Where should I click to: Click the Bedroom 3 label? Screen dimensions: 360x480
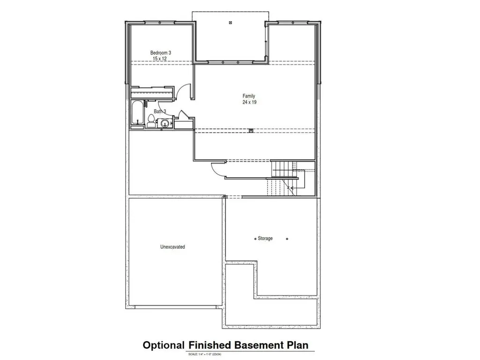160,53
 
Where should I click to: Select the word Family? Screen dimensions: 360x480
248,96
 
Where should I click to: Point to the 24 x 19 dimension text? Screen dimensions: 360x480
249,102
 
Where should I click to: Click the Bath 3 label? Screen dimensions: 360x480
160,112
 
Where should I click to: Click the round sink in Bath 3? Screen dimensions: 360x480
164,123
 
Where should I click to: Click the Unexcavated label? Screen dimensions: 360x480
172,247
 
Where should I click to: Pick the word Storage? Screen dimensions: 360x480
265,239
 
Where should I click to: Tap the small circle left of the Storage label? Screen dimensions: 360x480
255,239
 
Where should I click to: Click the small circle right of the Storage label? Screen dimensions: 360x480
287,239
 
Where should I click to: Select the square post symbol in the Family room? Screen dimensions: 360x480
251,131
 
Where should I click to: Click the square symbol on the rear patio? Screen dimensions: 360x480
230,22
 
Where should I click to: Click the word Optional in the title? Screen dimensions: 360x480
163,345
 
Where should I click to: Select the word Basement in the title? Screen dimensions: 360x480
254,345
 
